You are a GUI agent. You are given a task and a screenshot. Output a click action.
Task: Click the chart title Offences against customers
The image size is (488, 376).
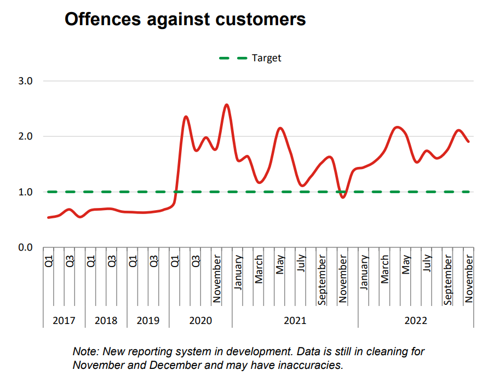point(185,19)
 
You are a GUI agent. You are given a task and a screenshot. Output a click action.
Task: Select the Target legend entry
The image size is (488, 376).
point(266,57)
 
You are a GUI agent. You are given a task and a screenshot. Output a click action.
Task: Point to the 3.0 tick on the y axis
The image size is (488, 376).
point(26,81)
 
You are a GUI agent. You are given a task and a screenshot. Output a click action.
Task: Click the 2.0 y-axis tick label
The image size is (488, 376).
point(26,136)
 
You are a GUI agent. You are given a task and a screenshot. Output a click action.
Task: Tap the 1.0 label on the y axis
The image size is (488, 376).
point(26,192)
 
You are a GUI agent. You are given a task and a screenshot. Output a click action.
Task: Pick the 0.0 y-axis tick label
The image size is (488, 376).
point(26,247)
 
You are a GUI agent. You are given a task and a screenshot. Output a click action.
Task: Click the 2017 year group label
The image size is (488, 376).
point(64,321)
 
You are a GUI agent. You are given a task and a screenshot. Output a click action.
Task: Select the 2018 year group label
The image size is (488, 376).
point(106,321)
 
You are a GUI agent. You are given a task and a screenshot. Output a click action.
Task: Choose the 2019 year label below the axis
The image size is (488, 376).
point(148,321)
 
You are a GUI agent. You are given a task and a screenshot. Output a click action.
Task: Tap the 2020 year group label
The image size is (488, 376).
point(200,321)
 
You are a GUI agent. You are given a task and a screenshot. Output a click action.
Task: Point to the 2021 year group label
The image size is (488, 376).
point(295,321)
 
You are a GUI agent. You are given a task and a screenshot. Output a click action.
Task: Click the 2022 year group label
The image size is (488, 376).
point(416,321)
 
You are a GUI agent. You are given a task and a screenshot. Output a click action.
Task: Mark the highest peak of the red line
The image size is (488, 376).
point(227,105)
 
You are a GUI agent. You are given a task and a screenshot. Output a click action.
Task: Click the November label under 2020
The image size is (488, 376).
point(217,279)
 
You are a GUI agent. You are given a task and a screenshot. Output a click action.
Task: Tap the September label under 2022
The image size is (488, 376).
point(448,280)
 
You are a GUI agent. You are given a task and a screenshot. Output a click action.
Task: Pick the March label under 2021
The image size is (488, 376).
point(259,268)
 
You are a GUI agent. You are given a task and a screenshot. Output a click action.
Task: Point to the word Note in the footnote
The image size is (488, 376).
point(84,351)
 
